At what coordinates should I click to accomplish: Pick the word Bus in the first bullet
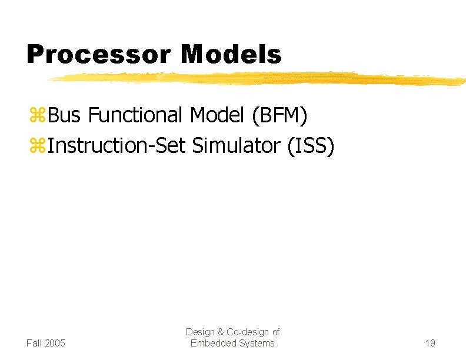(x=65, y=116)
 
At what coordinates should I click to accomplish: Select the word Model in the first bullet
(x=218, y=116)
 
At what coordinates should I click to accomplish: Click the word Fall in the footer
(x=35, y=343)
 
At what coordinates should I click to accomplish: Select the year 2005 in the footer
(x=55, y=343)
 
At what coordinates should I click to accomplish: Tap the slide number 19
(x=430, y=343)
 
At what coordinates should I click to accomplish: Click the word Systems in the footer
(x=257, y=343)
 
